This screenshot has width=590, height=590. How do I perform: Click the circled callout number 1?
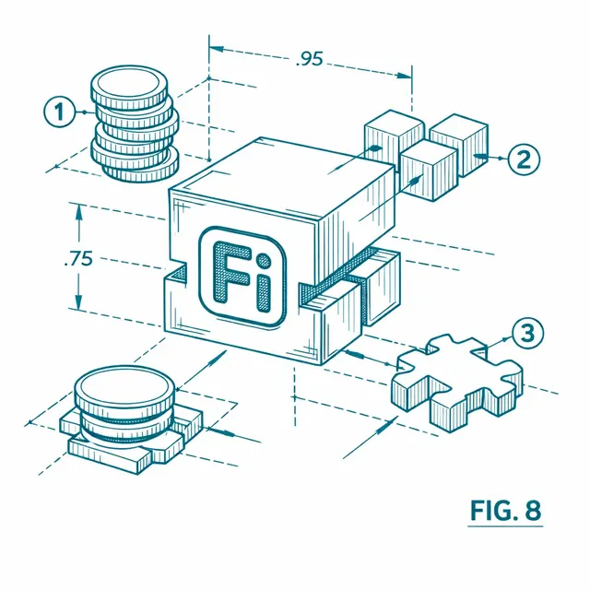[x=59, y=112]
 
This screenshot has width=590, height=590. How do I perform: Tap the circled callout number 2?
[x=524, y=159]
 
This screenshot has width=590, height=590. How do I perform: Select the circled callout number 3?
[x=527, y=333]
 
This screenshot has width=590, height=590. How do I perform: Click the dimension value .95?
[x=310, y=59]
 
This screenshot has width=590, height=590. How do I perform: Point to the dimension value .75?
[x=78, y=259]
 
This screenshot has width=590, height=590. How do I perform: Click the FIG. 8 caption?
[x=505, y=511]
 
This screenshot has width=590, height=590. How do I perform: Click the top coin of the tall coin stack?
[x=129, y=86]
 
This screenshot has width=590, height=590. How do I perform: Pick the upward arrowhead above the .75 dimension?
[x=78, y=214]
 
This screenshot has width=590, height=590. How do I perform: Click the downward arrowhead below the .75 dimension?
[x=78, y=301]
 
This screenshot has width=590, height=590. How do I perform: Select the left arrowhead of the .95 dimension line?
[x=218, y=49]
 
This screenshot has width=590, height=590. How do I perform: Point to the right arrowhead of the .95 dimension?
[x=404, y=76]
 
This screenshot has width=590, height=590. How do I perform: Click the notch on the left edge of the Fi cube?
[x=176, y=272]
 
